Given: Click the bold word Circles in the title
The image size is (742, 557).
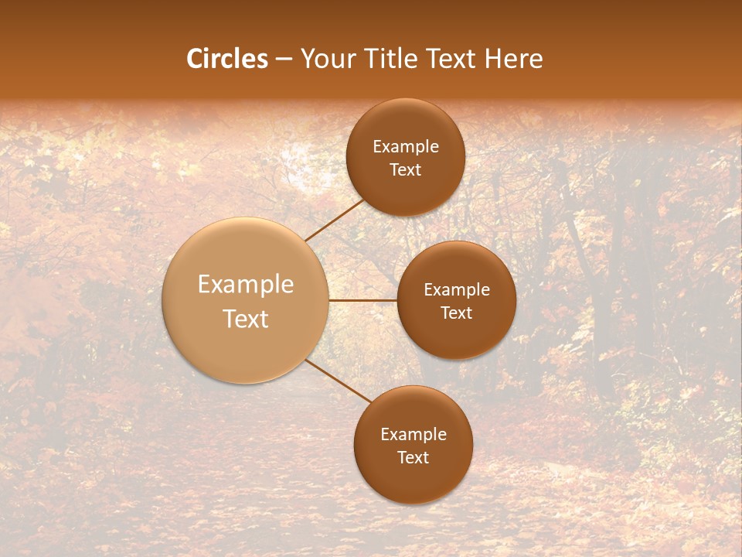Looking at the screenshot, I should [227, 59].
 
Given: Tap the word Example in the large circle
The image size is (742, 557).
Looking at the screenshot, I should [246, 285].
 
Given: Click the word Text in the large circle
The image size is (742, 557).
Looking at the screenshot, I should [246, 319].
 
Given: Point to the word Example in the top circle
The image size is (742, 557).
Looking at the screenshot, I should [406, 146].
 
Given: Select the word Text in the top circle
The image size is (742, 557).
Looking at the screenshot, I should [406, 169].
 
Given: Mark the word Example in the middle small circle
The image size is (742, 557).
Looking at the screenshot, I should [457, 289].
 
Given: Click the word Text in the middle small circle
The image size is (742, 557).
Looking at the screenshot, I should [457, 313].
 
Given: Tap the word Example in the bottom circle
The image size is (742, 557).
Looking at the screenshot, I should [414, 434].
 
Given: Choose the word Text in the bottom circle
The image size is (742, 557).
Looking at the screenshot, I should [414, 457].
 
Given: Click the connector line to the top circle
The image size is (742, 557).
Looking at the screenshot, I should [335, 220].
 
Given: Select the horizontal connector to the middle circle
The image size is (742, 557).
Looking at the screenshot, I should [362, 300].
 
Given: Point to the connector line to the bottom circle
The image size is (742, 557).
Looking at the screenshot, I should [339, 381].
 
